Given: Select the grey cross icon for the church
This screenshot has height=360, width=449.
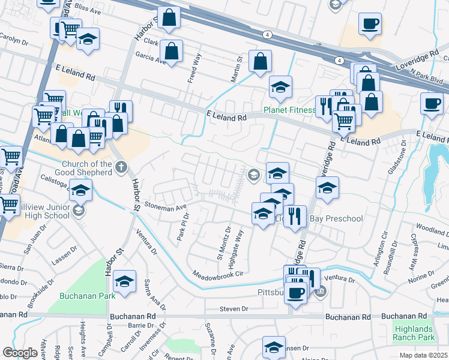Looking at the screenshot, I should [x=121, y=167].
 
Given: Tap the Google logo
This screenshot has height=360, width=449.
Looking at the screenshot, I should [x=20, y=353].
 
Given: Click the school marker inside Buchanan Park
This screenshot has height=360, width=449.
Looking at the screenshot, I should [x=124, y=281].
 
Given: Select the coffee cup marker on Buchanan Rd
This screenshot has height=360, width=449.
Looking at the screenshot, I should [x=295, y=293].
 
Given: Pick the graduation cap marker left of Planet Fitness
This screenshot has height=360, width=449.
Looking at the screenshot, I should [x=280, y=88].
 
